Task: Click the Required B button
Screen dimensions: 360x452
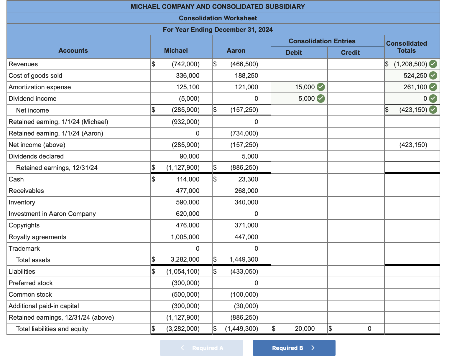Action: pos(294,348)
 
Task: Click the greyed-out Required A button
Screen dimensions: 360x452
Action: pos(201,348)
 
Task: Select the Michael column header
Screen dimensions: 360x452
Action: pos(176,51)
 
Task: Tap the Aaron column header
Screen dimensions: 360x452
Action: pos(236,51)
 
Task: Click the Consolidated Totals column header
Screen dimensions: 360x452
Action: pos(406,47)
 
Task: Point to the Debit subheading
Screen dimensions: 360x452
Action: pos(294,53)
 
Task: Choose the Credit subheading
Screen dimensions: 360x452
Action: pos(350,53)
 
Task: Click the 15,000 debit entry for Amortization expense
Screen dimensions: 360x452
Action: pos(305,87)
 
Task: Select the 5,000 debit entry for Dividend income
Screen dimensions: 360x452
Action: pos(306,99)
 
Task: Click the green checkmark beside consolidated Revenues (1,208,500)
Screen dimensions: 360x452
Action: pos(433,64)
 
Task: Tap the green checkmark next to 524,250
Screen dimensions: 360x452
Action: pos(433,75)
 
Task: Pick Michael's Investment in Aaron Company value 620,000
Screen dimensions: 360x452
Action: pos(188,214)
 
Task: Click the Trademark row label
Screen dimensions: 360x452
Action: pos(24,249)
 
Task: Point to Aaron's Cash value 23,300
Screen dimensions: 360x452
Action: pos(248,179)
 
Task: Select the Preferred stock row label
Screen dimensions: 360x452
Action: pos(31,283)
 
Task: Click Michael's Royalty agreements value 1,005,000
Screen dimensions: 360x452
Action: pos(185,237)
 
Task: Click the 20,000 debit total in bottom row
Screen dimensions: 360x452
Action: pos(305,329)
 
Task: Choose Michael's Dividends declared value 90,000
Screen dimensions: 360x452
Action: pos(189,156)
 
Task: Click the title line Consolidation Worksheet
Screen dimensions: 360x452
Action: pos(218,18)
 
